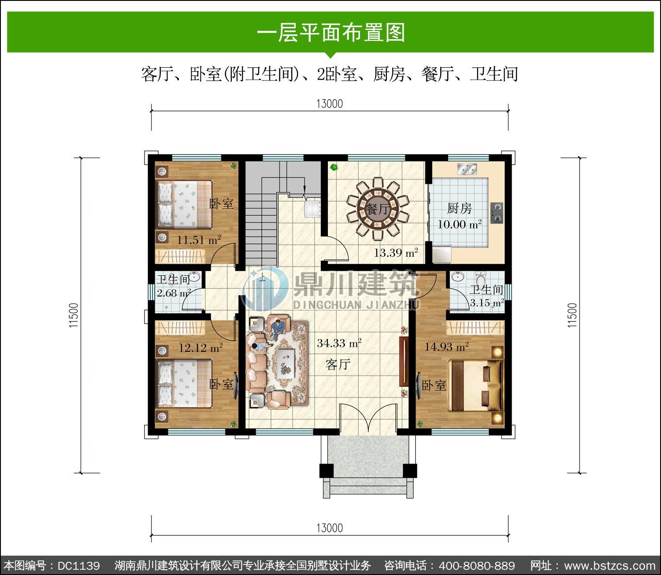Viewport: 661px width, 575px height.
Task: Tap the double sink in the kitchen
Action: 467,169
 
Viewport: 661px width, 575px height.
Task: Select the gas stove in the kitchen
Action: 497,213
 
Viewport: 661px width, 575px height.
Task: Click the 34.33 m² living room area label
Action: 339,343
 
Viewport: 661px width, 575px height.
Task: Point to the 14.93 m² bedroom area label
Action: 446,347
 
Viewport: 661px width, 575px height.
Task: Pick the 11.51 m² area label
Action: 199,240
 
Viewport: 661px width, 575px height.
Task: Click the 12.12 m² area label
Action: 201,347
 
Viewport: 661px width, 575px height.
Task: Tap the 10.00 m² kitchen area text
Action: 460,224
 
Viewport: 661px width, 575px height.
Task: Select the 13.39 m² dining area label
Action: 396,253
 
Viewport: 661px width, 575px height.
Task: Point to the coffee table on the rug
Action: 286,363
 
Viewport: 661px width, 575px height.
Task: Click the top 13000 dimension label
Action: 330,104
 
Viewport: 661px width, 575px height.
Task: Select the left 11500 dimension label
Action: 74,315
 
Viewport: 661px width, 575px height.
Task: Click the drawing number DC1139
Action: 79,565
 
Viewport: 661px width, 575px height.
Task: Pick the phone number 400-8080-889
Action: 477,565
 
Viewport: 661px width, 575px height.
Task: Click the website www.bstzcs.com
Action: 610,565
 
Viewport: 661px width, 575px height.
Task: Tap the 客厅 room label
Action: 338,365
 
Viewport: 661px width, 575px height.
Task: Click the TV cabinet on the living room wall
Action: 404,361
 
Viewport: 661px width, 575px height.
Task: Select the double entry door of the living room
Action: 368,419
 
